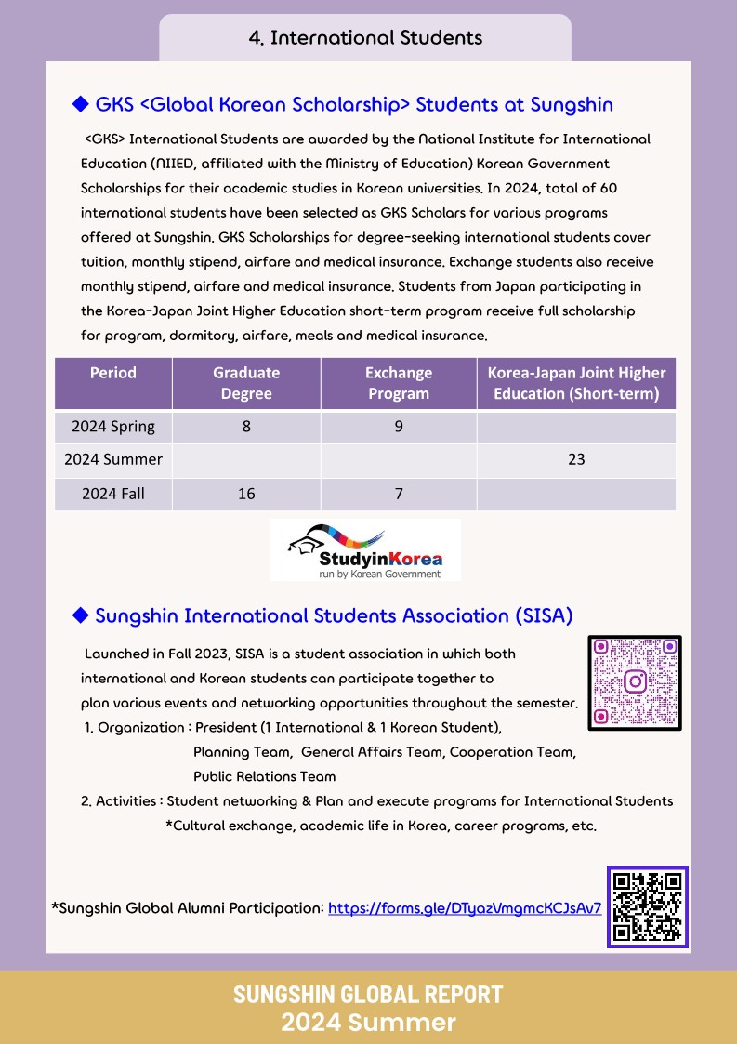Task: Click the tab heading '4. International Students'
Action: pos(365,38)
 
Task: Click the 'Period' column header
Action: pos(113,373)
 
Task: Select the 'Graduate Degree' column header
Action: pos(246,383)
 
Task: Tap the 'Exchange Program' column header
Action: pos(399,383)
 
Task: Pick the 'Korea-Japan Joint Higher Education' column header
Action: pos(576,383)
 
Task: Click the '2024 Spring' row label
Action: pos(113,428)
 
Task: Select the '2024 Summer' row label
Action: pos(113,459)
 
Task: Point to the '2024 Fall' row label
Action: pos(113,494)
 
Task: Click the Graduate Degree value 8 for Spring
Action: pos(246,428)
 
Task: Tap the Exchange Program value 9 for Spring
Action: pos(399,428)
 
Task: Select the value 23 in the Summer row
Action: pos(576,459)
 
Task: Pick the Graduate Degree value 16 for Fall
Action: pos(246,494)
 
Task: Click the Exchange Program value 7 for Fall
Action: pos(399,494)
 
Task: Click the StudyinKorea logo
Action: pos(365,550)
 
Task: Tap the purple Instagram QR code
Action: pos(635,682)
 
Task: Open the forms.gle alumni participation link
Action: pos(465,907)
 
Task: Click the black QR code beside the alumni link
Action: pos(648,906)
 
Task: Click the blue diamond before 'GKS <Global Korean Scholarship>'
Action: pos(80,104)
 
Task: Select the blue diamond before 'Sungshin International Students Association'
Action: pos(80,615)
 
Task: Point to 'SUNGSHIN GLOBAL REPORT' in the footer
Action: pos(368,994)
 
